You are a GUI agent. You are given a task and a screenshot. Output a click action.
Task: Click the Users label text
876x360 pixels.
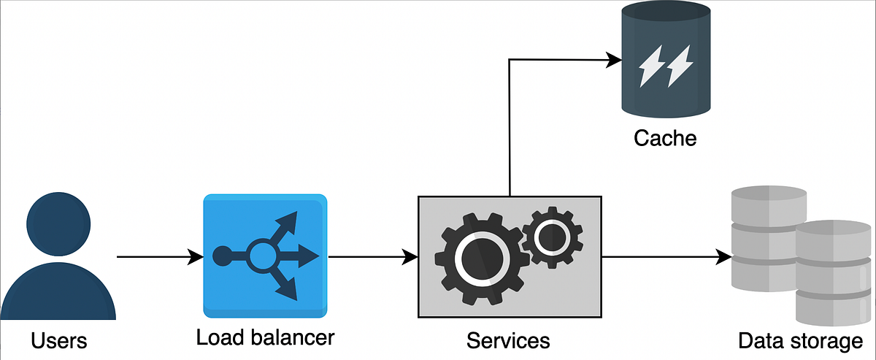click(59, 340)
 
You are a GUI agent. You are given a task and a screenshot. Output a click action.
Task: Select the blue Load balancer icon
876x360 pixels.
click(265, 256)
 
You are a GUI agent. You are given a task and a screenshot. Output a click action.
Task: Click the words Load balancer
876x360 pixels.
click(265, 338)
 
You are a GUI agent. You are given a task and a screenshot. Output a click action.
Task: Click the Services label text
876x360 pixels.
click(508, 340)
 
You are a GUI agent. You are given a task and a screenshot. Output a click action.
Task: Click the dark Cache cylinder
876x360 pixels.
click(664, 62)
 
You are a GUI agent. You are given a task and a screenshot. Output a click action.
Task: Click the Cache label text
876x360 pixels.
click(665, 137)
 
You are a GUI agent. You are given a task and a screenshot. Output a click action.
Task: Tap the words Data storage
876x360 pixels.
click(800, 341)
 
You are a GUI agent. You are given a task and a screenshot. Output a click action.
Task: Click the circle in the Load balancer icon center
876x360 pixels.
click(261, 256)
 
